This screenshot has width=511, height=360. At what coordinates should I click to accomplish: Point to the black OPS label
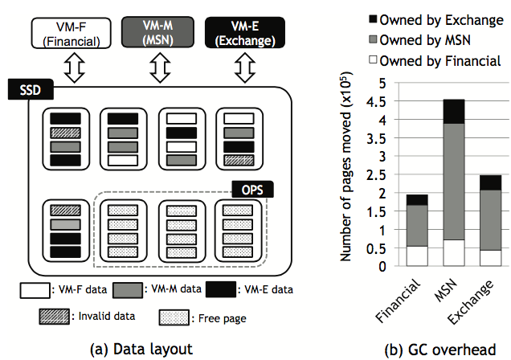tap(255, 190)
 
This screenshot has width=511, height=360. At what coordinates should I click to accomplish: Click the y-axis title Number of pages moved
tap(348, 173)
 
